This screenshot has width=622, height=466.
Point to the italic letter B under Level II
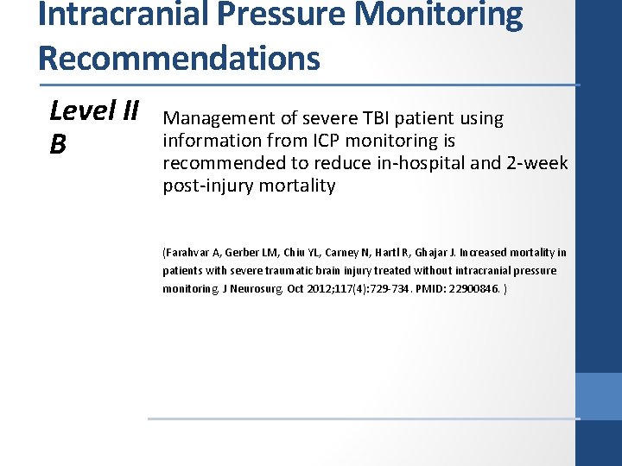coord(58,144)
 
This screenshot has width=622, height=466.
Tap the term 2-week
coord(539,163)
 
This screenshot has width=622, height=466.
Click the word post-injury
coord(205,186)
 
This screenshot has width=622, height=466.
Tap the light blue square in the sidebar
coord(598,396)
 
